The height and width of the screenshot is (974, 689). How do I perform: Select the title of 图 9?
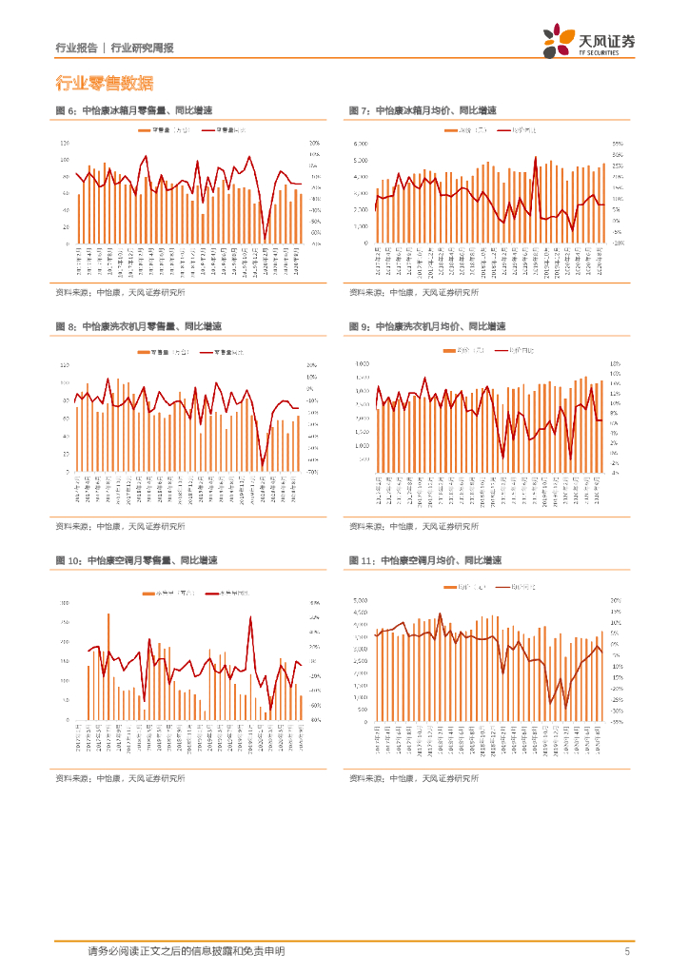(x=427, y=326)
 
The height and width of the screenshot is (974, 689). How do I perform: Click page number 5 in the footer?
(x=626, y=951)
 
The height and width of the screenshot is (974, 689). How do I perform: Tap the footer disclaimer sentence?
(x=186, y=951)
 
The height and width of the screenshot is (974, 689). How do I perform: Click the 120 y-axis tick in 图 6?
(x=66, y=142)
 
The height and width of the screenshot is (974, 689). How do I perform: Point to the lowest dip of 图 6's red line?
(x=266, y=238)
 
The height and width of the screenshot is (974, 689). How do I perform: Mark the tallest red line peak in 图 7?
(x=536, y=158)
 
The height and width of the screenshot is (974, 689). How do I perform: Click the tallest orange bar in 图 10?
(x=108, y=614)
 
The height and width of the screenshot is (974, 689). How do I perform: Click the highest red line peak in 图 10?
(x=250, y=617)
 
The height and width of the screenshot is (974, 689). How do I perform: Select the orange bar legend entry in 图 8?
(x=162, y=352)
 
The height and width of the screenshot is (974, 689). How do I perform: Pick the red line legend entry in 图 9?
(x=514, y=351)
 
